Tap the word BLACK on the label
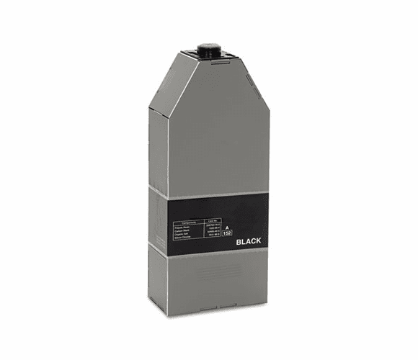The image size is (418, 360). point(252,242)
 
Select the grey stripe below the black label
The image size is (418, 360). point(209,253)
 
